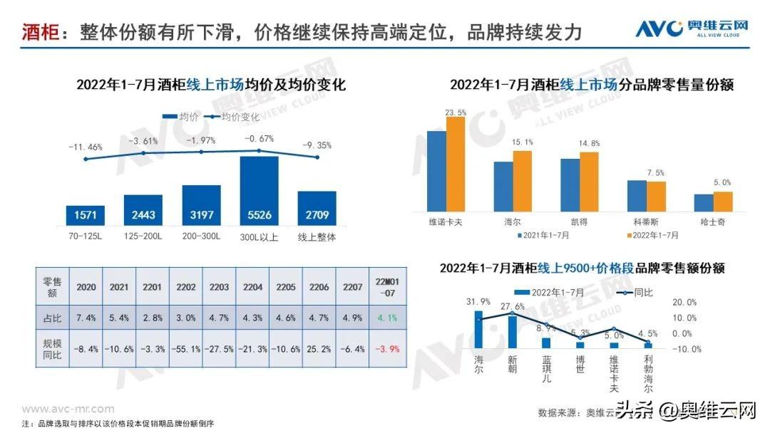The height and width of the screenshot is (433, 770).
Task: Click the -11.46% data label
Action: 86,147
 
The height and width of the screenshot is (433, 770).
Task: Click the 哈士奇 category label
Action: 713,221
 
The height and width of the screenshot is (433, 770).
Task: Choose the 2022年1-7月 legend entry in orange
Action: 652,234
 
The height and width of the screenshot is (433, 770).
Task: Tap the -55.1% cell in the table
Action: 185,349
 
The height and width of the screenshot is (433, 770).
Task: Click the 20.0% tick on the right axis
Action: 684,302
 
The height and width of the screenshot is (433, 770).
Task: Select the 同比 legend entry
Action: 637,292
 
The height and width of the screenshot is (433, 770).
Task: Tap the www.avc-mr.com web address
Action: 68,409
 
